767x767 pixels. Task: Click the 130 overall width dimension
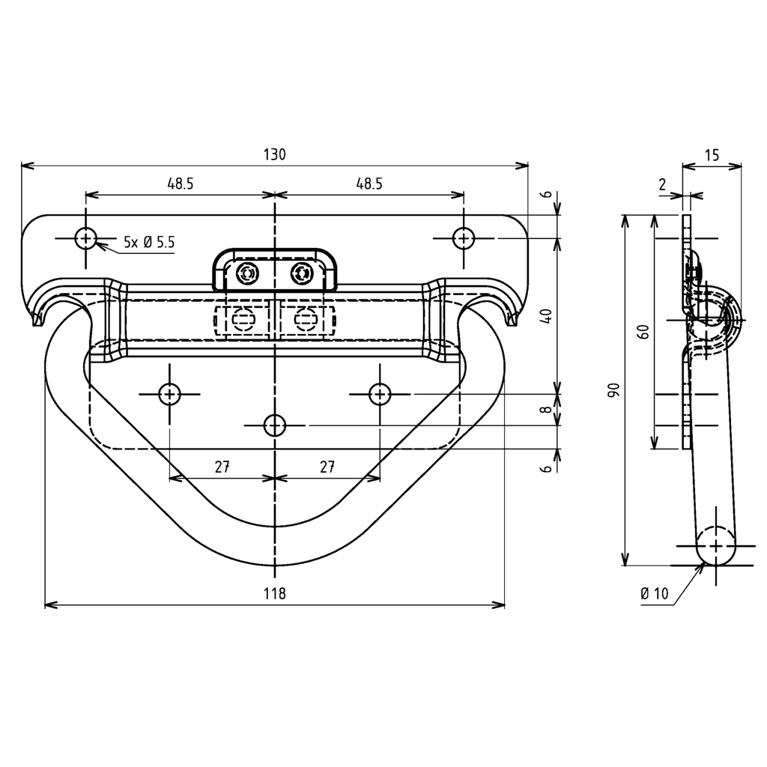tap(274, 155)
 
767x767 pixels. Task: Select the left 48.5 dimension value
tap(181, 184)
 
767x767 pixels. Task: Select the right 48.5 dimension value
tap(369, 184)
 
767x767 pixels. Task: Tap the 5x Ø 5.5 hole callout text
tap(149, 242)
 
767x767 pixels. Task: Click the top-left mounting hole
tap(86, 239)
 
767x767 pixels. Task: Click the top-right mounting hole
tap(464, 239)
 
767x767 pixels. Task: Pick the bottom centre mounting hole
tap(275, 425)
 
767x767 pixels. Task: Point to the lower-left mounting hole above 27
tap(170, 393)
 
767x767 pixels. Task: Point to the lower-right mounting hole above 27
tap(380, 393)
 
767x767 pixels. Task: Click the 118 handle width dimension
tap(275, 593)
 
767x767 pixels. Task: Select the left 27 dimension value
tap(222, 467)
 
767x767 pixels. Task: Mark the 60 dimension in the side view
tap(642, 332)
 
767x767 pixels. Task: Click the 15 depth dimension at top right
tap(712, 155)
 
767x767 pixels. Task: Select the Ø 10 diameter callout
tap(654, 594)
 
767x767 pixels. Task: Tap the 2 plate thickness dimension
tap(662, 184)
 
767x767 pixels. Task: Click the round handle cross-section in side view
tap(716, 545)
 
